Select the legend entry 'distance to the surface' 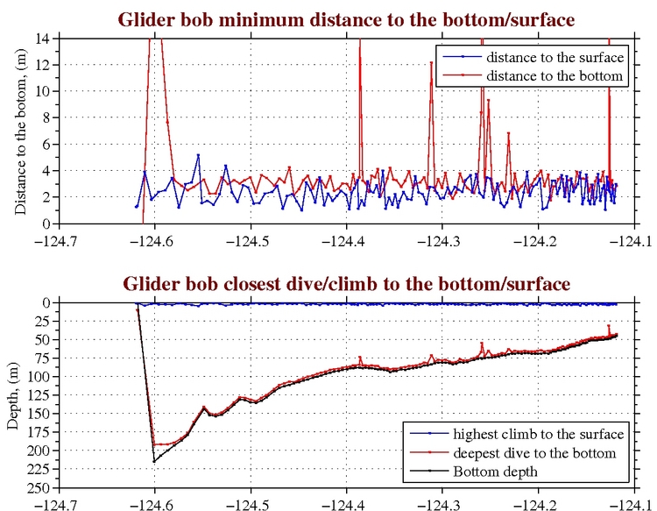point(554,57)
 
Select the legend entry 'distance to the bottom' point(554,76)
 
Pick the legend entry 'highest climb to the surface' point(538,435)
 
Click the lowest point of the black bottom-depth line point(154,462)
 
